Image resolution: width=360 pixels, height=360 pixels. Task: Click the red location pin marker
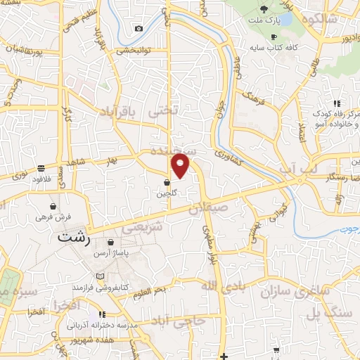click(x=181, y=166)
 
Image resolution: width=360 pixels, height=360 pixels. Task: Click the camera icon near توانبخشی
click(x=139, y=28)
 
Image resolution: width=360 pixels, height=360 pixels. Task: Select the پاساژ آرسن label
click(x=115, y=253)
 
